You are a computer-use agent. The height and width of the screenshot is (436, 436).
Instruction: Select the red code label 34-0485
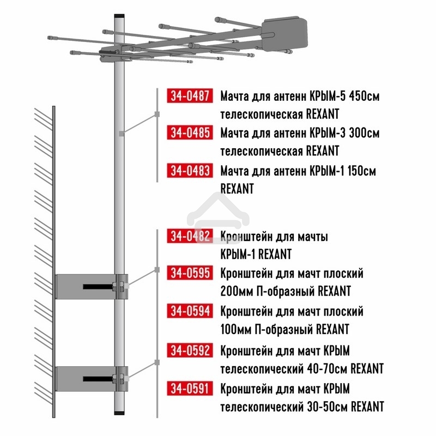190,133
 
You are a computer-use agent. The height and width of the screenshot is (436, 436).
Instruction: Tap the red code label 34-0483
190,170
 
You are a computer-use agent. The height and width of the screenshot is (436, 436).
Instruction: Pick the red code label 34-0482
190,237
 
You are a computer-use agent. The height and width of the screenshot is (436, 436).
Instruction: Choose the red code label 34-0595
190,273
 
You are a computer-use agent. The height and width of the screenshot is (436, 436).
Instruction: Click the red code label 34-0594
190,311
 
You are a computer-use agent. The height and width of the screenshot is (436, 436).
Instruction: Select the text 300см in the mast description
364,134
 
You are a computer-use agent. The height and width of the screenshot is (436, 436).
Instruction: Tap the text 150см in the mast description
361,171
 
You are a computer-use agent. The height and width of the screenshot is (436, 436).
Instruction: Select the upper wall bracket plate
90,286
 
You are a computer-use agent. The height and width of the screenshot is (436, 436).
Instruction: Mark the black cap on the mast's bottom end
119,415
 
